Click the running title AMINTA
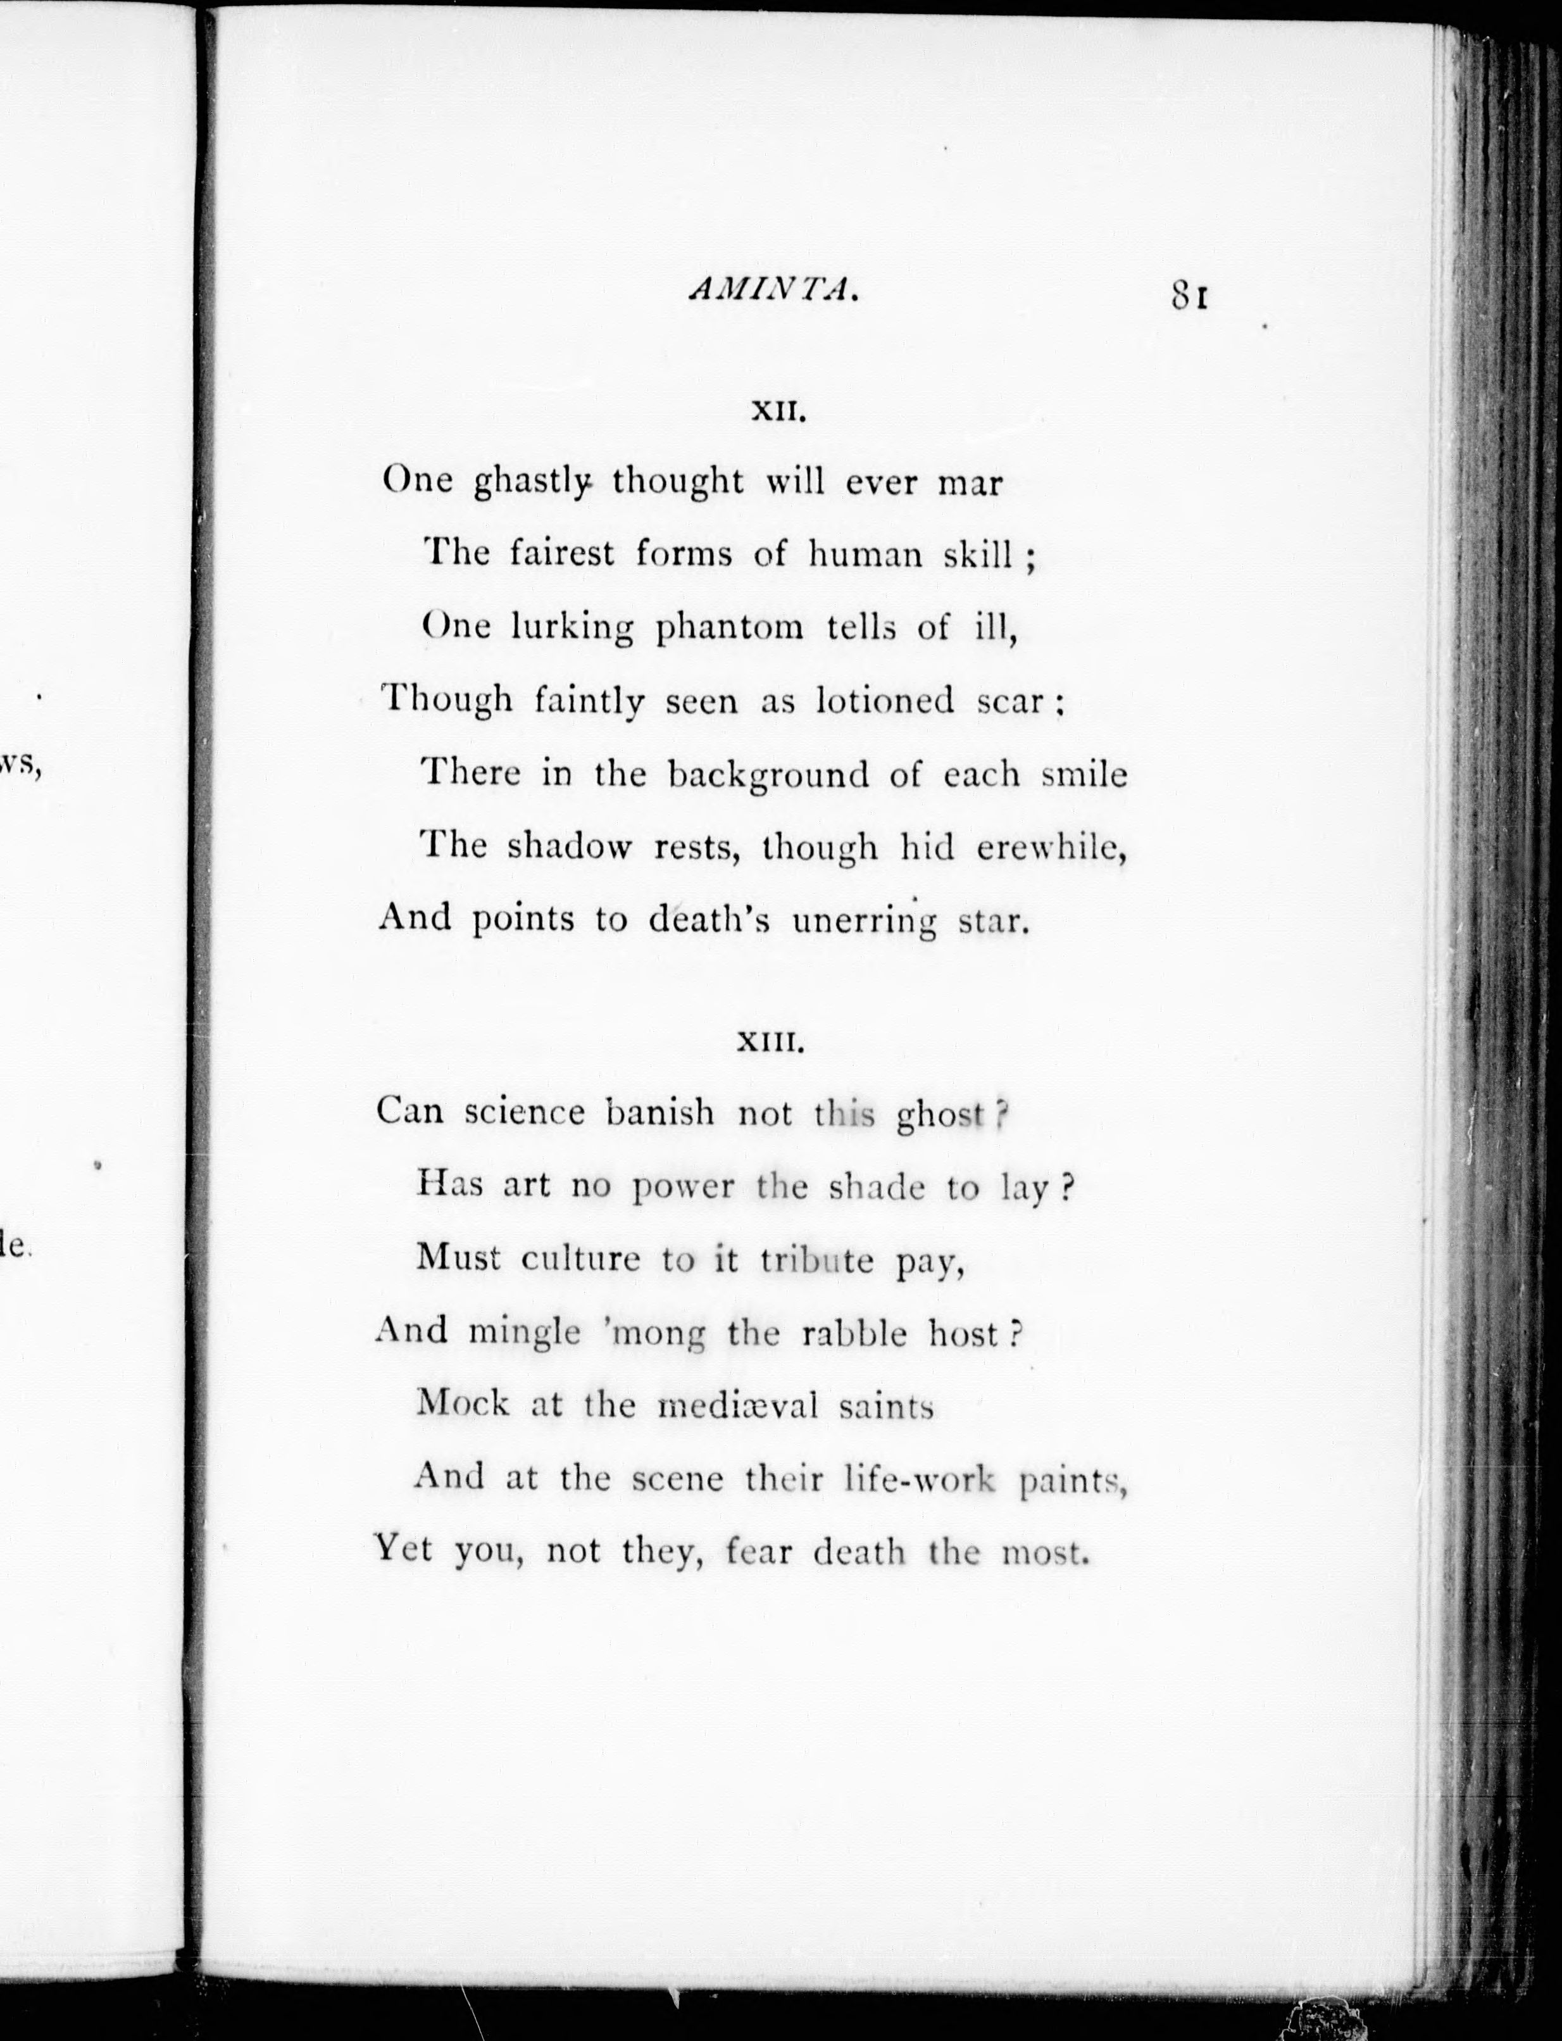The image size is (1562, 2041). tap(772, 291)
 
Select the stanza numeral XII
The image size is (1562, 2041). tap(777, 412)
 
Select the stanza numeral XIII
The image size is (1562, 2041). tap(769, 1043)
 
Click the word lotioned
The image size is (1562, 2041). tap(884, 700)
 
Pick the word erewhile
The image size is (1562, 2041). tap(1051, 847)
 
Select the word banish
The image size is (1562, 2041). tap(660, 1113)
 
